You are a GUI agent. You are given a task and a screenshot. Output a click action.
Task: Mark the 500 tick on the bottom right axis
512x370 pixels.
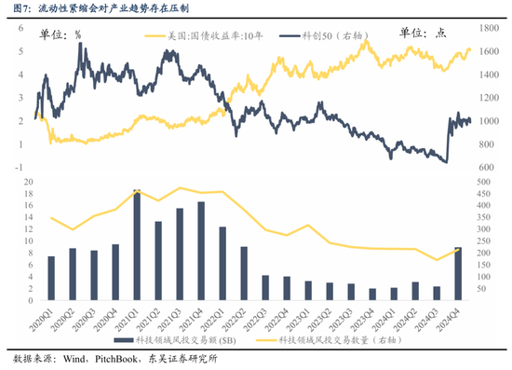pyautogui.click(x=487, y=182)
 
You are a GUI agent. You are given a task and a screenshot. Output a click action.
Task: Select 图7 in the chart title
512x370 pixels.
pyautogui.click(x=17, y=7)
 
